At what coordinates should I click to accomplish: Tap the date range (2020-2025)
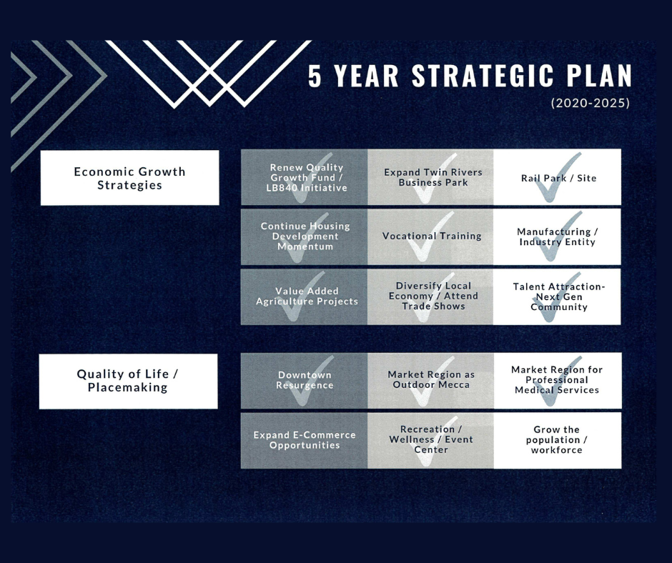[590, 103]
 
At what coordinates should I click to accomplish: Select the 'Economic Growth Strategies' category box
[129, 178]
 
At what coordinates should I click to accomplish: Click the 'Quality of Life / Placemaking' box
[128, 382]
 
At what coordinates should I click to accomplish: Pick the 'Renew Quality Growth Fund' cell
[306, 178]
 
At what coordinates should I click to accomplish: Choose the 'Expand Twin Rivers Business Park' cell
[433, 178]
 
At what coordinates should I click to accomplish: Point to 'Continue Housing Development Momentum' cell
[305, 236]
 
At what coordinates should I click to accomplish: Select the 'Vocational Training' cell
[432, 236]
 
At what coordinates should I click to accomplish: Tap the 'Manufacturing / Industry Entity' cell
[557, 236]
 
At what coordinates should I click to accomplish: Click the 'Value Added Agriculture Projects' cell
[307, 297]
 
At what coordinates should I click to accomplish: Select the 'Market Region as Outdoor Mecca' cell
[431, 380]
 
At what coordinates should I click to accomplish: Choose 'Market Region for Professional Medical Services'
[557, 380]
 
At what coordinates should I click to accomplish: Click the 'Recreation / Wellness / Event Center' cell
[431, 440]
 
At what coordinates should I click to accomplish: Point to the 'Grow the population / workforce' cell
[557, 440]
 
